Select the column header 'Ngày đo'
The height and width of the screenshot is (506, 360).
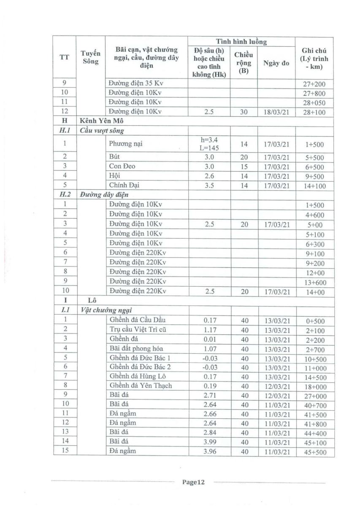pyautogui.click(x=276, y=63)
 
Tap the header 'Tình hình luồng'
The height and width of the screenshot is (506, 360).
pyautogui.click(x=241, y=41)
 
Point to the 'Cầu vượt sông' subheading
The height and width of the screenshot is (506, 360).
pyautogui.click(x=102, y=131)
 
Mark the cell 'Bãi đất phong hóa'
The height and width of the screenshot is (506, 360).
pyautogui.click(x=137, y=349)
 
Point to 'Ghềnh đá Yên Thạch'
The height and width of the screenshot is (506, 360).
pyautogui.click(x=141, y=385)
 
